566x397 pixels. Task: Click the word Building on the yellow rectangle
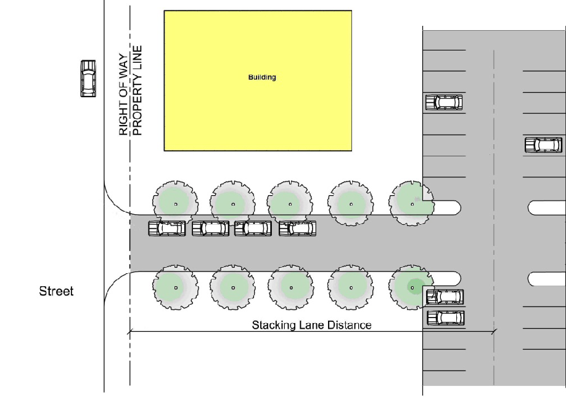coord(262,78)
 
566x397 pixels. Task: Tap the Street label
coord(56,291)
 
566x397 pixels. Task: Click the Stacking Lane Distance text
coord(311,325)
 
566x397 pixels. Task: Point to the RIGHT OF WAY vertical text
coord(123,91)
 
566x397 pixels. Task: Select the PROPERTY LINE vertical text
coord(137,91)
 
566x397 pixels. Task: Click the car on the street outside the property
coord(88,78)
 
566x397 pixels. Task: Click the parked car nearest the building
coord(444,102)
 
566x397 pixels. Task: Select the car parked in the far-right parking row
coord(543,145)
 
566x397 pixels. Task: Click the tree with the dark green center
coord(412,287)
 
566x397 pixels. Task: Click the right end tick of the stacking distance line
coord(493,332)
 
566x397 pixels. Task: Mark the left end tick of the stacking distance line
coord(129,332)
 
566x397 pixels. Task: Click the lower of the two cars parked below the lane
coord(445,318)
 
